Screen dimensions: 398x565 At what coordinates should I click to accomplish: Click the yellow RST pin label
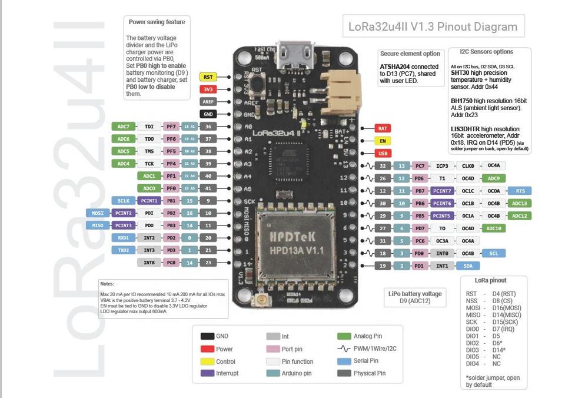point(208,77)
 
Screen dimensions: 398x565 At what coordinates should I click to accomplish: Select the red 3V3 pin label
point(208,89)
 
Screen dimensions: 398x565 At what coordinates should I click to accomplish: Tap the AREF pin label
point(208,102)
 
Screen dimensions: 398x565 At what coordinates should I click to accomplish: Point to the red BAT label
point(383,128)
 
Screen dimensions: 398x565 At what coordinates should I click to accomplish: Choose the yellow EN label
point(383,141)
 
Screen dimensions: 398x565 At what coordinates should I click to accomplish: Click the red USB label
point(383,153)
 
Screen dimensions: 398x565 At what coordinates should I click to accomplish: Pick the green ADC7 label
point(123,127)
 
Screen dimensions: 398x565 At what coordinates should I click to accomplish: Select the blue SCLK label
point(123,201)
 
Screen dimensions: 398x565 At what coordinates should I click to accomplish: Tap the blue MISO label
point(98,225)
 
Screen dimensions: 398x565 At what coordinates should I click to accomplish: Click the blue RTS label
point(520,191)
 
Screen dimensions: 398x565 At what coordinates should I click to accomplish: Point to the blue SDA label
point(467,266)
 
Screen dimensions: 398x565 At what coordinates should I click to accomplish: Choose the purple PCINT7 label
point(442,191)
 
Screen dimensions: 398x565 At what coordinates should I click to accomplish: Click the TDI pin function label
point(149,127)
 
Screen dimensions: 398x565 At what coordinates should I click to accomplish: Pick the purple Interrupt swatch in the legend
point(207,373)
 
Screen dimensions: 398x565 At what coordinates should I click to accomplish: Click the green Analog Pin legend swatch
point(344,336)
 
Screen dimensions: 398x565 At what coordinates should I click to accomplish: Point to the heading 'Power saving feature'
point(157,22)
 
